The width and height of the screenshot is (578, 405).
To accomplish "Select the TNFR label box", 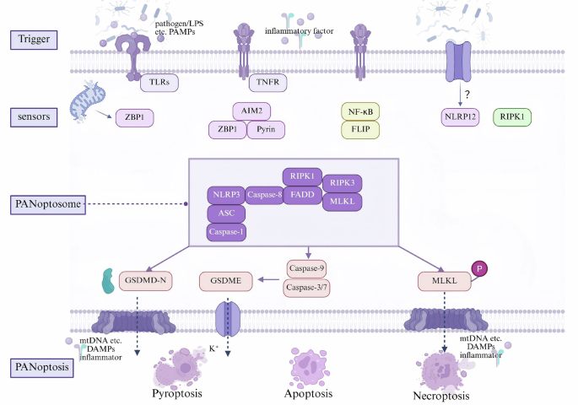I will [x=266, y=83].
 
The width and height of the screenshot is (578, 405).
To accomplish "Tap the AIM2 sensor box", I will [x=250, y=111].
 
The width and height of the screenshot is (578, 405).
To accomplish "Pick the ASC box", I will [x=226, y=213].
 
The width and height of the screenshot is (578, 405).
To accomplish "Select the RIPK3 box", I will [x=341, y=182].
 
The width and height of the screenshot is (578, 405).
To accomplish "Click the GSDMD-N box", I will [x=157, y=280].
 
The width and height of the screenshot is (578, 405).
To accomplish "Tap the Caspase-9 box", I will [x=307, y=270].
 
